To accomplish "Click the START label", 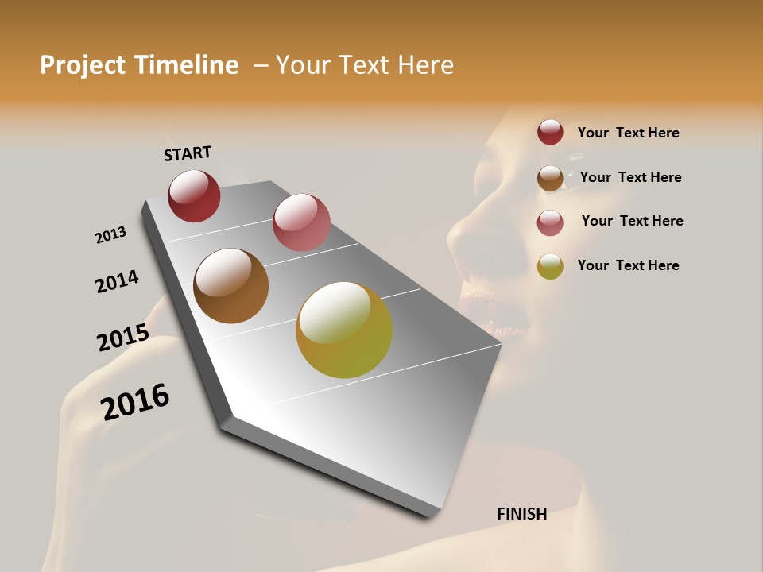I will pyautogui.click(x=188, y=153).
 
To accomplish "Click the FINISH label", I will pyautogui.click(x=522, y=514).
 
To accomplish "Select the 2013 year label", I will pyautogui.click(x=110, y=235).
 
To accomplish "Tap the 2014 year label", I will pyautogui.click(x=117, y=281).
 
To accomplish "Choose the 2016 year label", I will pyautogui.click(x=135, y=401).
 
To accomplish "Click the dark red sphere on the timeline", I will pyautogui.click(x=194, y=196).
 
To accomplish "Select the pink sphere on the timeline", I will pyautogui.click(x=301, y=222).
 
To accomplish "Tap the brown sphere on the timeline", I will pyautogui.click(x=230, y=286).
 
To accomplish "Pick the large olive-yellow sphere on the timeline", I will pyautogui.click(x=344, y=330).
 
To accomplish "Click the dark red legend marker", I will pyautogui.click(x=550, y=133).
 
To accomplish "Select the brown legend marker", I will pyautogui.click(x=550, y=177).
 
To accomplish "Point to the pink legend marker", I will pyautogui.click(x=550, y=222).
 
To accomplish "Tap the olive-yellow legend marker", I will pyautogui.click(x=550, y=266).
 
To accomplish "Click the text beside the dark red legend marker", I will pyautogui.click(x=628, y=133).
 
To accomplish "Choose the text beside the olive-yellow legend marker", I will pyautogui.click(x=628, y=265).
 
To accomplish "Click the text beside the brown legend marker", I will pyautogui.click(x=630, y=177).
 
